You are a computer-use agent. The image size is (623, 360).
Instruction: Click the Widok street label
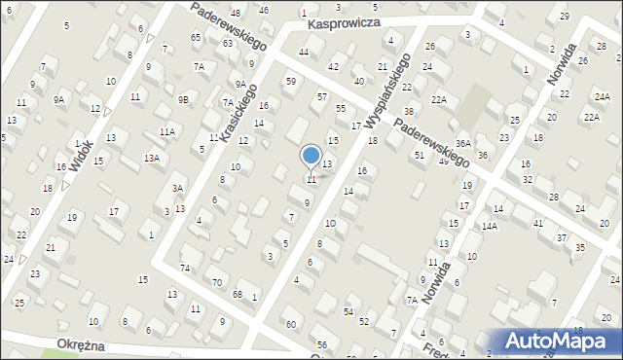click(x=81, y=152)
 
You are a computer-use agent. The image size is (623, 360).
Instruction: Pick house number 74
click(x=185, y=267)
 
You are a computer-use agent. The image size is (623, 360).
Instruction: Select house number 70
click(x=216, y=282)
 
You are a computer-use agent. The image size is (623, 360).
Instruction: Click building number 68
click(x=238, y=294)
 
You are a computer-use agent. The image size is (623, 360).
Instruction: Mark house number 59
click(x=290, y=81)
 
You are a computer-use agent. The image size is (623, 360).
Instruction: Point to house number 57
click(x=322, y=97)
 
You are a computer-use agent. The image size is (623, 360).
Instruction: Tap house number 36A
click(x=463, y=143)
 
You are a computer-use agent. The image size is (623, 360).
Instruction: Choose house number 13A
click(x=152, y=158)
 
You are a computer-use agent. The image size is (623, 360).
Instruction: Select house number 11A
click(x=167, y=131)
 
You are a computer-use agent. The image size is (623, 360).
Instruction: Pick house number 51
click(x=420, y=155)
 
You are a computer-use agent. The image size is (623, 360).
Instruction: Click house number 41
click(x=537, y=223)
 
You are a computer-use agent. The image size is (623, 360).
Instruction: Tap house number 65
click(x=196, y=37)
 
